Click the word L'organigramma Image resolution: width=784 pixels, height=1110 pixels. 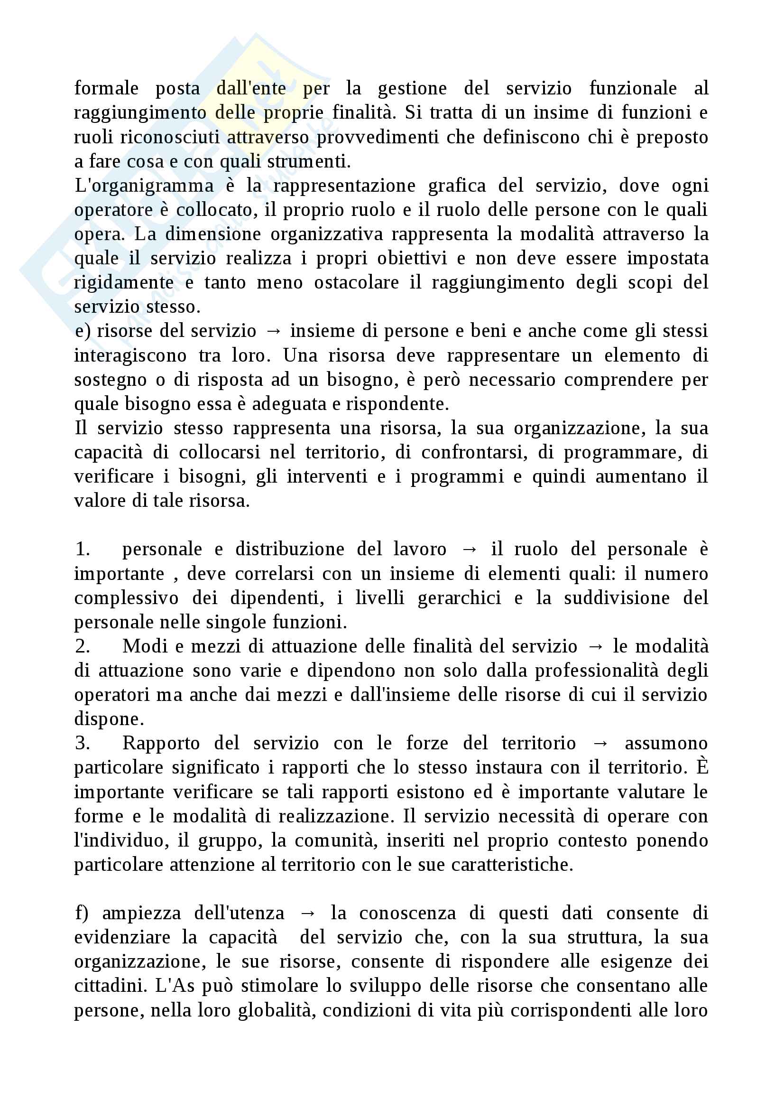pos(144,186)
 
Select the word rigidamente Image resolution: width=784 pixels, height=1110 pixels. pos(124,283)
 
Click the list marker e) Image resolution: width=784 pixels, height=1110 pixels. pos(83,331)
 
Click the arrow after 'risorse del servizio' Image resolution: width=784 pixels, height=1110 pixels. pos(273,332)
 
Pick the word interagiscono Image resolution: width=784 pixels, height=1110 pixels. pos(130,356)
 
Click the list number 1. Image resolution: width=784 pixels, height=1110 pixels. pos(83,549)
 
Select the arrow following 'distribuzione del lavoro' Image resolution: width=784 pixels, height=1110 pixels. pos(469,550)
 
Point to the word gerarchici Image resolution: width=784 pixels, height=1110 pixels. pos(460,598)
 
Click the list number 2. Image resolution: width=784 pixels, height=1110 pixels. pos(83,646)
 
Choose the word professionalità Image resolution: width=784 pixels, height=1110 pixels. pos(597,671)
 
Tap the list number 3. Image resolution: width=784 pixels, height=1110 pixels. pos(83,743)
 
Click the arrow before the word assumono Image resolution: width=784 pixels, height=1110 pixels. pos(600,744)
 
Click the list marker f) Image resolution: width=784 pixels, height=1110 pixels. pos(82,913)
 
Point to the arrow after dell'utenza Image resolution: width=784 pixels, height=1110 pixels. pos(308,914)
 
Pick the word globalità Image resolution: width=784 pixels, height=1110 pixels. pos(277,1010)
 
